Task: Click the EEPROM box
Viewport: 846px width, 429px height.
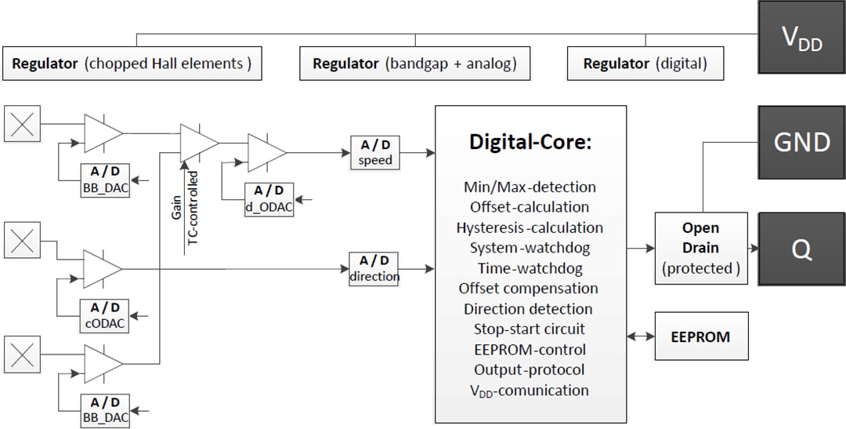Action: click(700, 336)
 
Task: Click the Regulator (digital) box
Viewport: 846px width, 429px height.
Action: click(645, 64)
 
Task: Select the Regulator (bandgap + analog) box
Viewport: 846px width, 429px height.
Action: click(414, 64)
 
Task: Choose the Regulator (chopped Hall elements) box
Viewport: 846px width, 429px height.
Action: click(132, 64)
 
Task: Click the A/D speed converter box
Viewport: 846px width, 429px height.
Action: click(374, 152)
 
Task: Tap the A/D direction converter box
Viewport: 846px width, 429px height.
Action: click(374, 268)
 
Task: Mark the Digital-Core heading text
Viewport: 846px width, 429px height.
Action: click(530, 142)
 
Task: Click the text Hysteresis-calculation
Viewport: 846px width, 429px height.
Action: click(530, 227)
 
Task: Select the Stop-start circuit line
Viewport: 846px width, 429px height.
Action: click(530, 329)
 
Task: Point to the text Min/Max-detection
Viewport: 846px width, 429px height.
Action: click(530, 187)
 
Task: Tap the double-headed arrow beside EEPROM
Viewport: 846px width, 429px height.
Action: click(641, 336)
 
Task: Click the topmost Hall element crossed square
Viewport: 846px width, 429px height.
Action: click(22, 124)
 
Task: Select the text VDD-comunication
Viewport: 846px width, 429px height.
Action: click(530, 391)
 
